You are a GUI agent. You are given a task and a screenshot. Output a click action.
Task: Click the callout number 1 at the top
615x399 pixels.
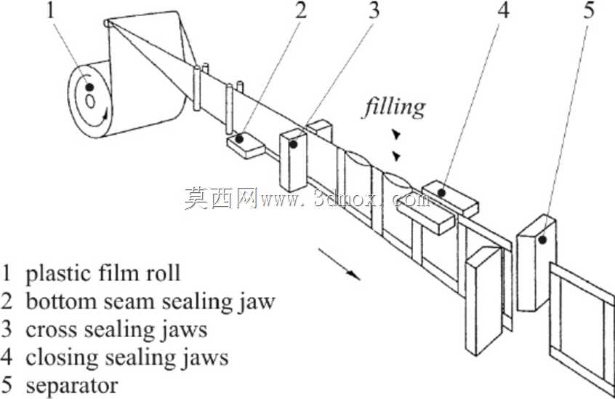coord(50,11)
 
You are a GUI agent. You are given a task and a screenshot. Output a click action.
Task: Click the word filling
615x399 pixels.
coord(394,107)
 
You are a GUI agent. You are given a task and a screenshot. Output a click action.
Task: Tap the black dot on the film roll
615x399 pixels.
coord(90,87)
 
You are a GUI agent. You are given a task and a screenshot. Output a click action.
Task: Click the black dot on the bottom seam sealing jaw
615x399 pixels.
coord(239,138)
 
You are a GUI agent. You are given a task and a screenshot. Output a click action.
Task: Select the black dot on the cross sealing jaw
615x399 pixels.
coord(293,144)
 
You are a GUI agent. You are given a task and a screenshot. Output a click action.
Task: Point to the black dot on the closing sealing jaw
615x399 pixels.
coord(442,193)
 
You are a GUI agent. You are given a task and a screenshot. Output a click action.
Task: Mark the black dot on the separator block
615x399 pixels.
coord(542,239)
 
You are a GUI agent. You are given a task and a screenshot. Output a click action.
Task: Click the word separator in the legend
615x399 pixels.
coord(72,386)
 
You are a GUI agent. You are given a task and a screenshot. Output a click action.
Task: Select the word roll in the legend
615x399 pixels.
coord(164,273)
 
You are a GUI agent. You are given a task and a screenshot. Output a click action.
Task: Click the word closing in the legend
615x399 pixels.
coord(62,358)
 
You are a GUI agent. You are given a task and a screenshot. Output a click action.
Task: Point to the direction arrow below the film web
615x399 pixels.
coord(339,264)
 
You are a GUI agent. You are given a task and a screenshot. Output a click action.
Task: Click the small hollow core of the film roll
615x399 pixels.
coord(91,101)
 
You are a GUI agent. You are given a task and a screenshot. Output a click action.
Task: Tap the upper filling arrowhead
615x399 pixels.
coord(397,135)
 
